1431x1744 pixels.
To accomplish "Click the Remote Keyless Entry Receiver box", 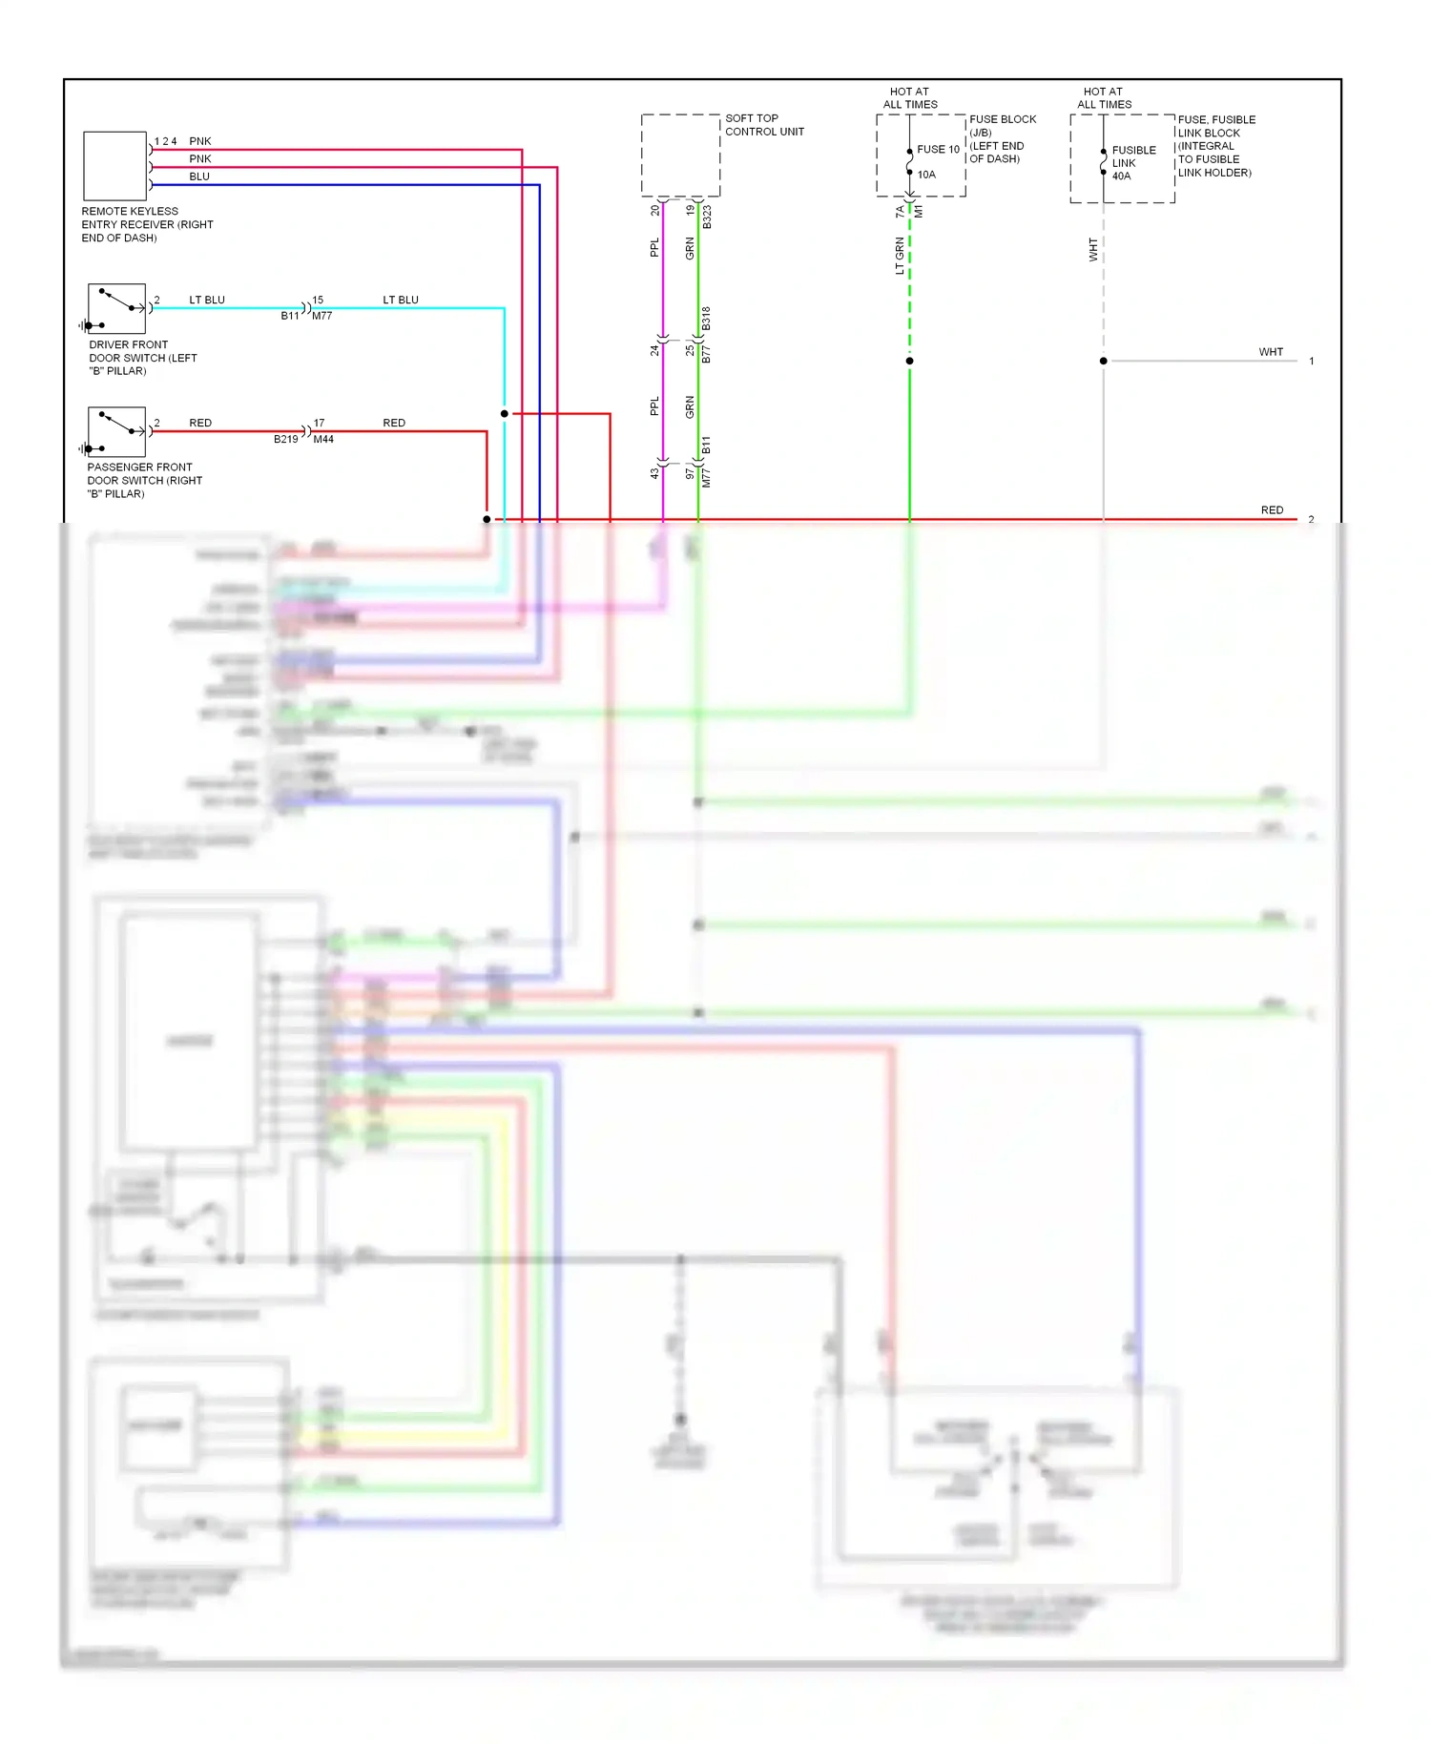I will pos(114,166).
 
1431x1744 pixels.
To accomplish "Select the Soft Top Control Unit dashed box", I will pos(680,156).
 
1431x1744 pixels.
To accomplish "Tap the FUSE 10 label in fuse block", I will pos(938,150).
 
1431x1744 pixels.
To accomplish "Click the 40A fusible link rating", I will pos(1121,176).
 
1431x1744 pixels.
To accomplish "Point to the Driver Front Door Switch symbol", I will pos(116,308).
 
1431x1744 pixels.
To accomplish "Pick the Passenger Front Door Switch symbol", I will pos(116,431).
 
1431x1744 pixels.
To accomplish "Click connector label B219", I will pos(285,440).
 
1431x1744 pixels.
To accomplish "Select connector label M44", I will pos(323,440).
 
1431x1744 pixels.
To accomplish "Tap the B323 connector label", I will pos(707,218).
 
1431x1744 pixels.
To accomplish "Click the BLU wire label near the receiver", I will pos(198,176).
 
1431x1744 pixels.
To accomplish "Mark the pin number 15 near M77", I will pos(318,300).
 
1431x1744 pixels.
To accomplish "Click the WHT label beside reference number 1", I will pos(1271,352).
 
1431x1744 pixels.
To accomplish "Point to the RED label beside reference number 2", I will pos(1272,510).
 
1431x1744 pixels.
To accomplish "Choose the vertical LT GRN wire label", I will pos(899,256).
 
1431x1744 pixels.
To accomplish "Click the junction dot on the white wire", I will pos(1104,361).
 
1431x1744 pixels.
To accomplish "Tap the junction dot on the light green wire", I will pos(909,361).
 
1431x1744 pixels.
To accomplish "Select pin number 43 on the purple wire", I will pos(654,472).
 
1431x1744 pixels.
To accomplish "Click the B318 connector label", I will pos(706,318).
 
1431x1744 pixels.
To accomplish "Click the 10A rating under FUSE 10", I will pos(926,175).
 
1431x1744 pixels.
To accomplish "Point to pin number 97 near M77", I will pos(690,472).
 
